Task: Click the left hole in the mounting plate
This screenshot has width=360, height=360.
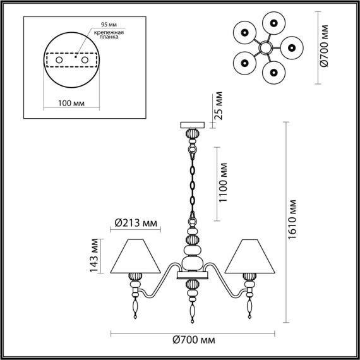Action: (x=60, y=60)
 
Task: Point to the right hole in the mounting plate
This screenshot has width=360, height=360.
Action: (x=83, y=60)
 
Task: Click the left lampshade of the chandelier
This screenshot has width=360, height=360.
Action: (x=133, y=255)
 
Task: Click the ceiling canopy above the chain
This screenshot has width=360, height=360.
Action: (x=193, y=124)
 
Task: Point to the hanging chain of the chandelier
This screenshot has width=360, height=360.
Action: (x=193, y=183)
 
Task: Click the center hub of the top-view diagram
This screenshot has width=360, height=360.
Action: (x=266, y=47)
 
